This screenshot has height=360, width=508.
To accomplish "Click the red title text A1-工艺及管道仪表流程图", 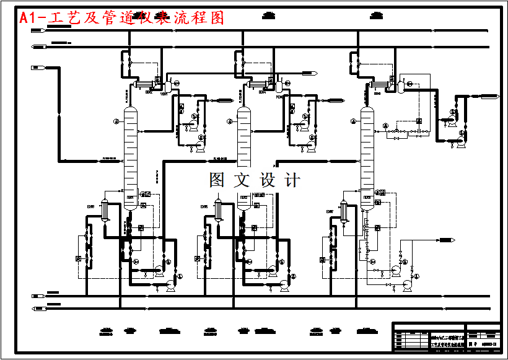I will pyautogui.click(x=121, y=19).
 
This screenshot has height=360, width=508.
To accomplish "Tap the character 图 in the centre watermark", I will pyautogui.click(x=217, y=180).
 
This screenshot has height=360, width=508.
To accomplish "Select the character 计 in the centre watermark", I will pyautogui.click(x=291, y=180).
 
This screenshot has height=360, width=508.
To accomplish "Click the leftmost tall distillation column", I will pyautogui.click(x=130, y=158).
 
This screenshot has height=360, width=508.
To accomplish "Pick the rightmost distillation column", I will pyautogui.click(x=368, y=155).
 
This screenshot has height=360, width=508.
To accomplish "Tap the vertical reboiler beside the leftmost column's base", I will pyautogui.click(x=105, y=211).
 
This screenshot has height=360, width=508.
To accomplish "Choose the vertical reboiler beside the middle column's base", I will pyautogui.click(x=219, y=211).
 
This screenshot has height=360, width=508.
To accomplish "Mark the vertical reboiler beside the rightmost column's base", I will pyautogui.click(x=344, y=213).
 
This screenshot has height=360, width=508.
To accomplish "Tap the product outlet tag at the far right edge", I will pyautogui.click(x=489, y=95).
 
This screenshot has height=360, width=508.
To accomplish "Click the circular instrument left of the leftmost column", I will pyautogui.click(x=115, y=122).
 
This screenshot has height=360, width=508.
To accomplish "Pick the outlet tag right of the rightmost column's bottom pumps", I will pyautogui.click(x=447, y=239).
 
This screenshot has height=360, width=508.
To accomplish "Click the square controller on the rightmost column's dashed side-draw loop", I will pyautogui.click(x=419, y=122).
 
